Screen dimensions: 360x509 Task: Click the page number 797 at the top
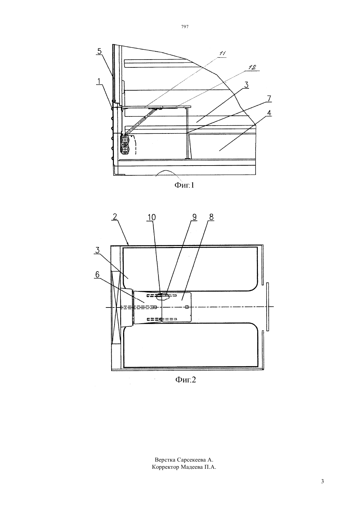[185, 27]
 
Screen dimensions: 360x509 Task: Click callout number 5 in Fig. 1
[99, 51]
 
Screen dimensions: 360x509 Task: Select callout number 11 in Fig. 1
[222, 54]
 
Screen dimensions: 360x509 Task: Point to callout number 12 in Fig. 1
[252, 67]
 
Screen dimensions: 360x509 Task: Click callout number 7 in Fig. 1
[269, 98]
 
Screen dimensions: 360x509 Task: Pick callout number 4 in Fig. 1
[269, 113]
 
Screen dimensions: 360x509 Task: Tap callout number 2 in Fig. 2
[115, 217]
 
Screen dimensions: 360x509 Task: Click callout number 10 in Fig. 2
[152, 218]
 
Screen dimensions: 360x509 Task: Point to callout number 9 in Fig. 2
[194, 217]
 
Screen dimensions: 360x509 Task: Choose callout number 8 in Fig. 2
[211, 217]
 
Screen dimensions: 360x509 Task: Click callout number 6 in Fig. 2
[97, 275]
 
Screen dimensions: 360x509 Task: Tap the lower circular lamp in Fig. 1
[125, 149]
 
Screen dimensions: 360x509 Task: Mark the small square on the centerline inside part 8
[187, 307]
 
